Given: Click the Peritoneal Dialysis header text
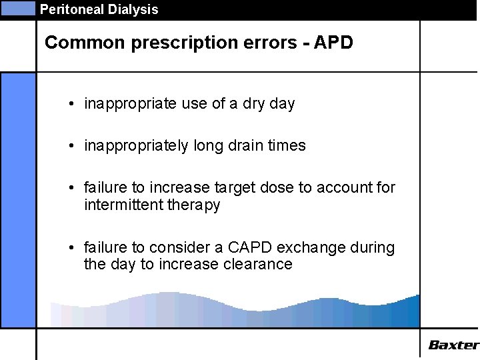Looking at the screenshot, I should point(99,9).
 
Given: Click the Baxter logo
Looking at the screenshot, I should point(453,345).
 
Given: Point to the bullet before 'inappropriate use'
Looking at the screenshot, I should point(71,105).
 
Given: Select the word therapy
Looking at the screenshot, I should point(194,205).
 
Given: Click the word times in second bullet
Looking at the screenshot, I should point(287,146).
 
